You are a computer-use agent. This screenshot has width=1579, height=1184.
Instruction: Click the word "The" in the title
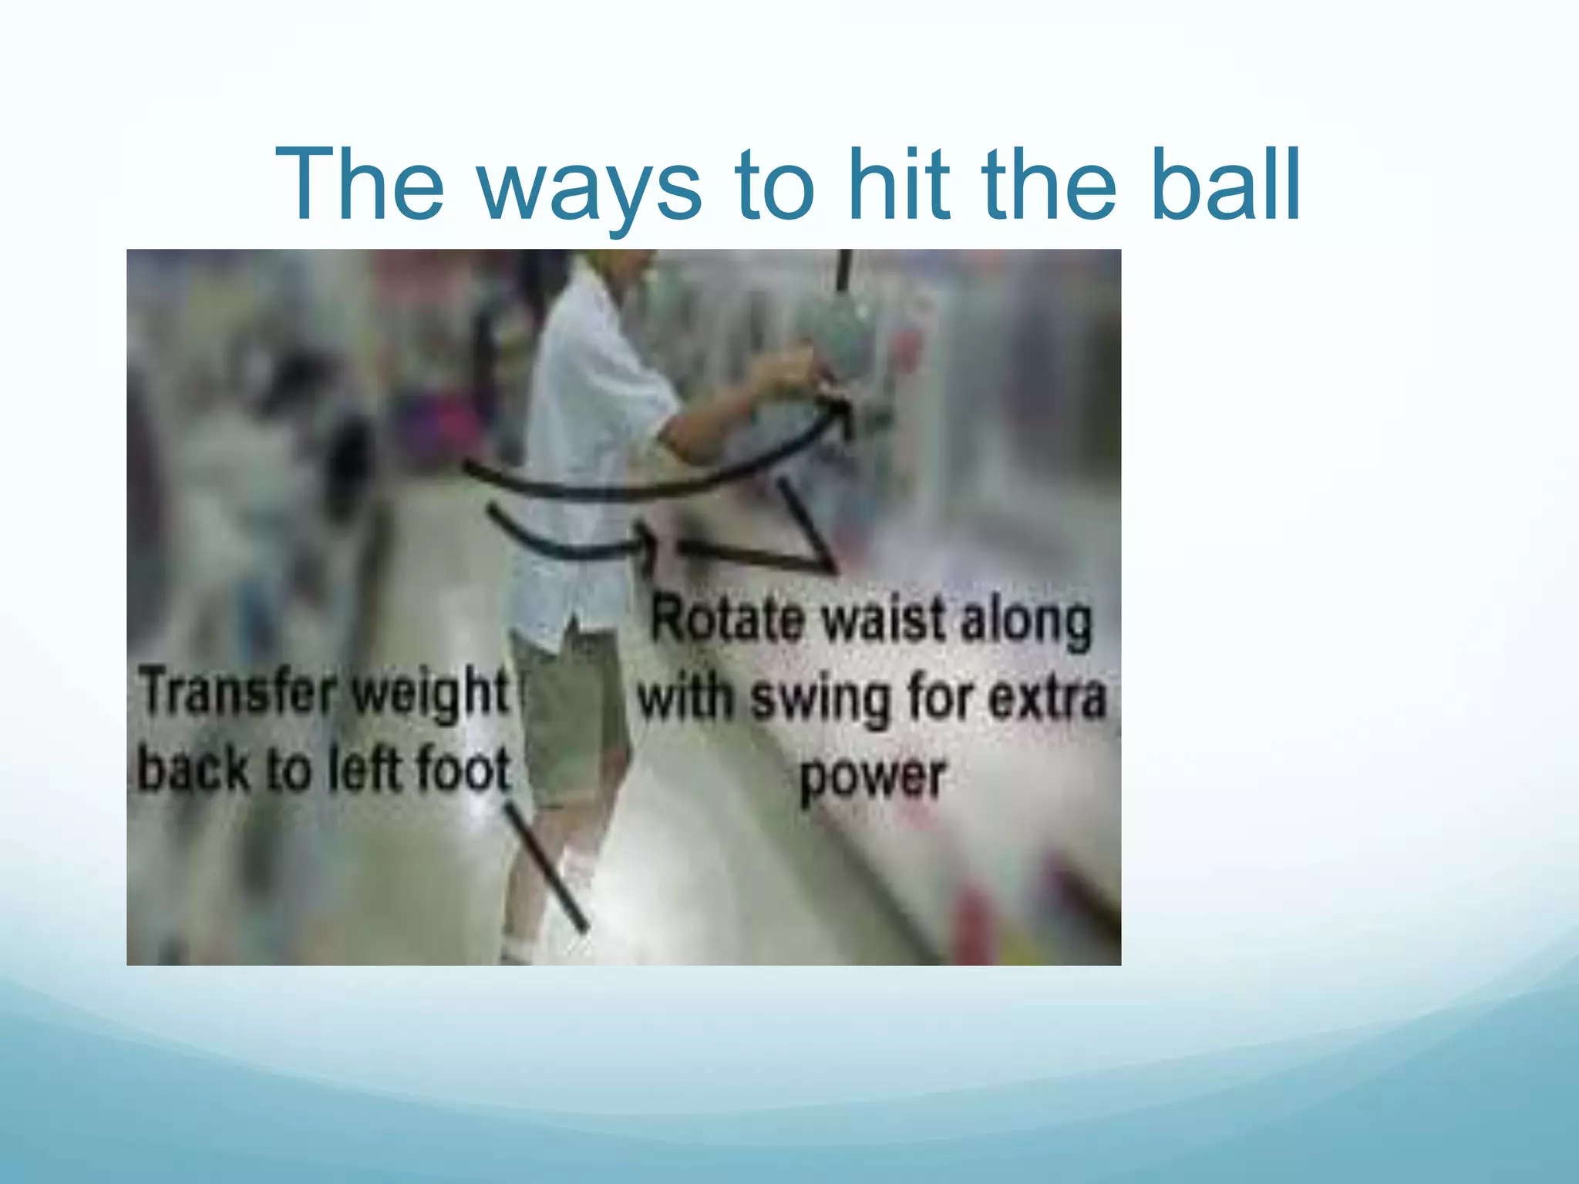point(359,185)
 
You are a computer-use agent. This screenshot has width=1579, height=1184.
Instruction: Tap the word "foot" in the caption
point(463,769)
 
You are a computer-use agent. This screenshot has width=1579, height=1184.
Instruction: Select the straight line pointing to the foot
point(547,866)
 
